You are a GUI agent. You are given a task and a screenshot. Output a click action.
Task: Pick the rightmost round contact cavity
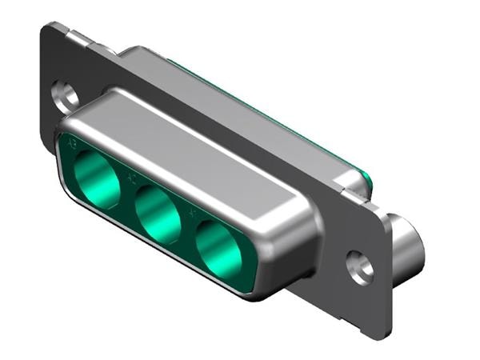(x=219, y=248)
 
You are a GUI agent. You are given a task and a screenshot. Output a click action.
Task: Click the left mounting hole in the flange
(x=66, y=95)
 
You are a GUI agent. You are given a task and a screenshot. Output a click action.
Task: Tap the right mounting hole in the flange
(x=360, y=266)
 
